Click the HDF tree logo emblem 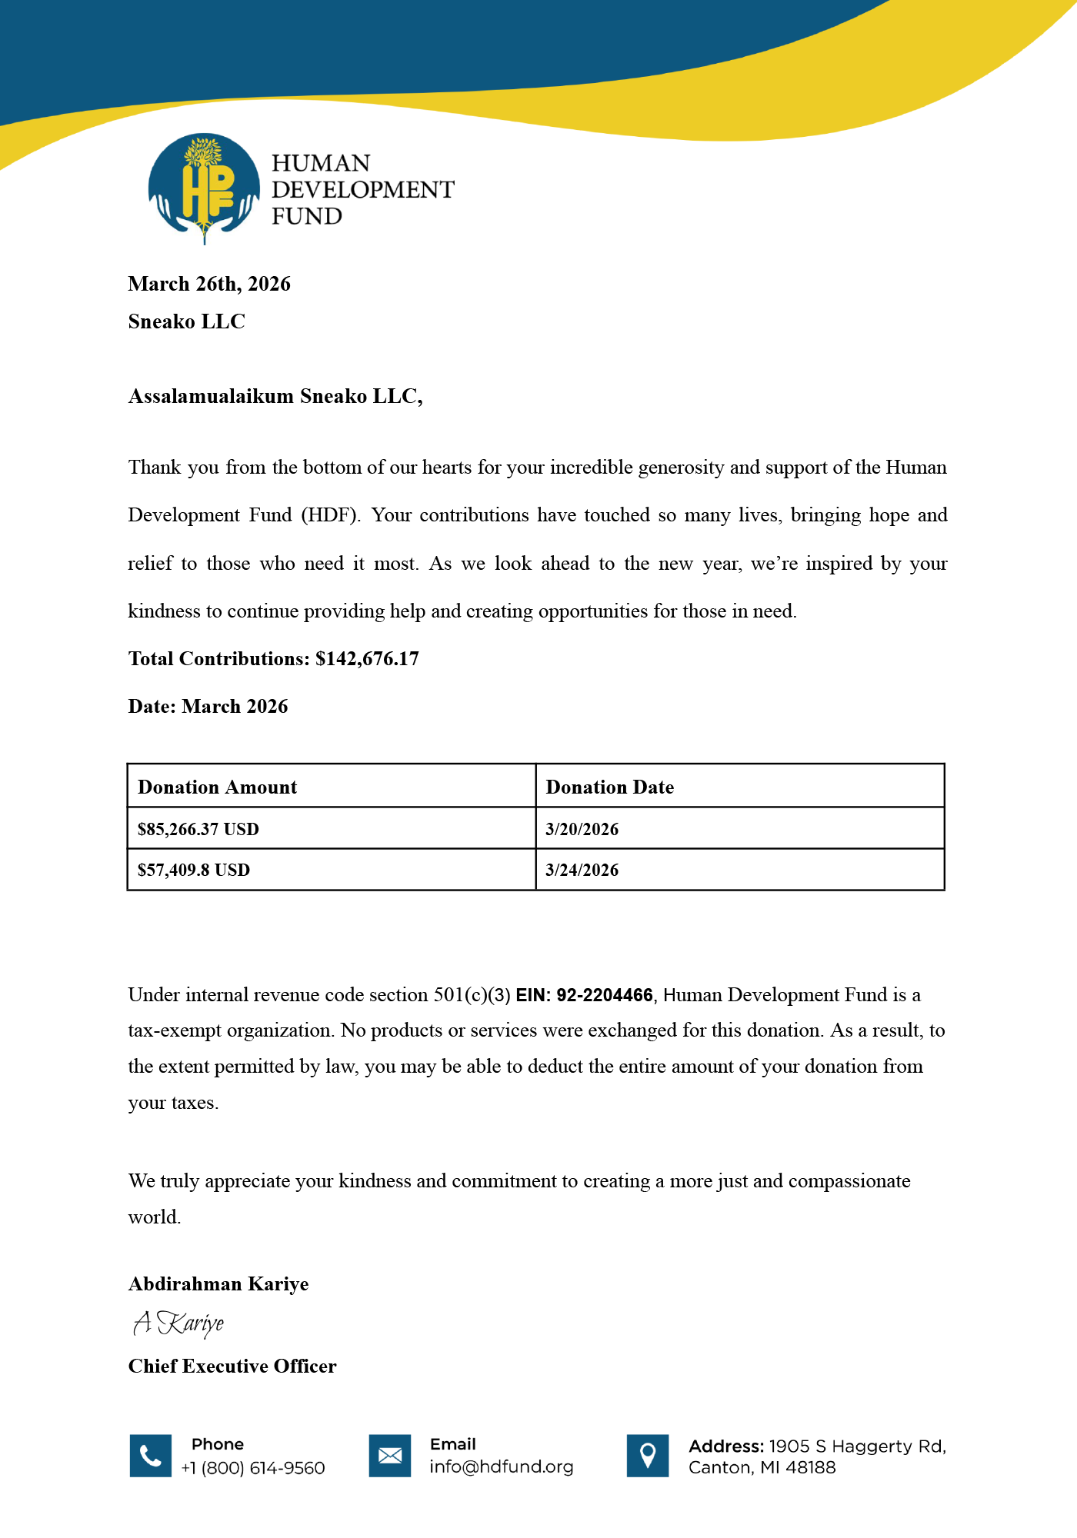click(204, 188)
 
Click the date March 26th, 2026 click(209, 284)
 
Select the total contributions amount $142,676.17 click(367, 659)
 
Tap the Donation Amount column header click(217, 787)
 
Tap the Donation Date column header click(609, 787)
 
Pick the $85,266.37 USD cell click(198, 829)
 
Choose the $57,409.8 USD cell click(193, 870)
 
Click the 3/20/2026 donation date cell click(582, 829)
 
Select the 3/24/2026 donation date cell click(582, 870)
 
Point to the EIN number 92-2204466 click(604, 995)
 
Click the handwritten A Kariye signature click(178, 1323)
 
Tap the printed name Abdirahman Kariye click(218, 1284)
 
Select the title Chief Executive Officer click(232, 1366)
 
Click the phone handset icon click(151, 1456)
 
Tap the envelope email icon click(390, 1456)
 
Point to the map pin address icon click(648, 1456)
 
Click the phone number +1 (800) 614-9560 click(253, 1468)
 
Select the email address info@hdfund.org click(502, 1466)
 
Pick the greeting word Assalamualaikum click(211, 396)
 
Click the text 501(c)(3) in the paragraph click(472, 995)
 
